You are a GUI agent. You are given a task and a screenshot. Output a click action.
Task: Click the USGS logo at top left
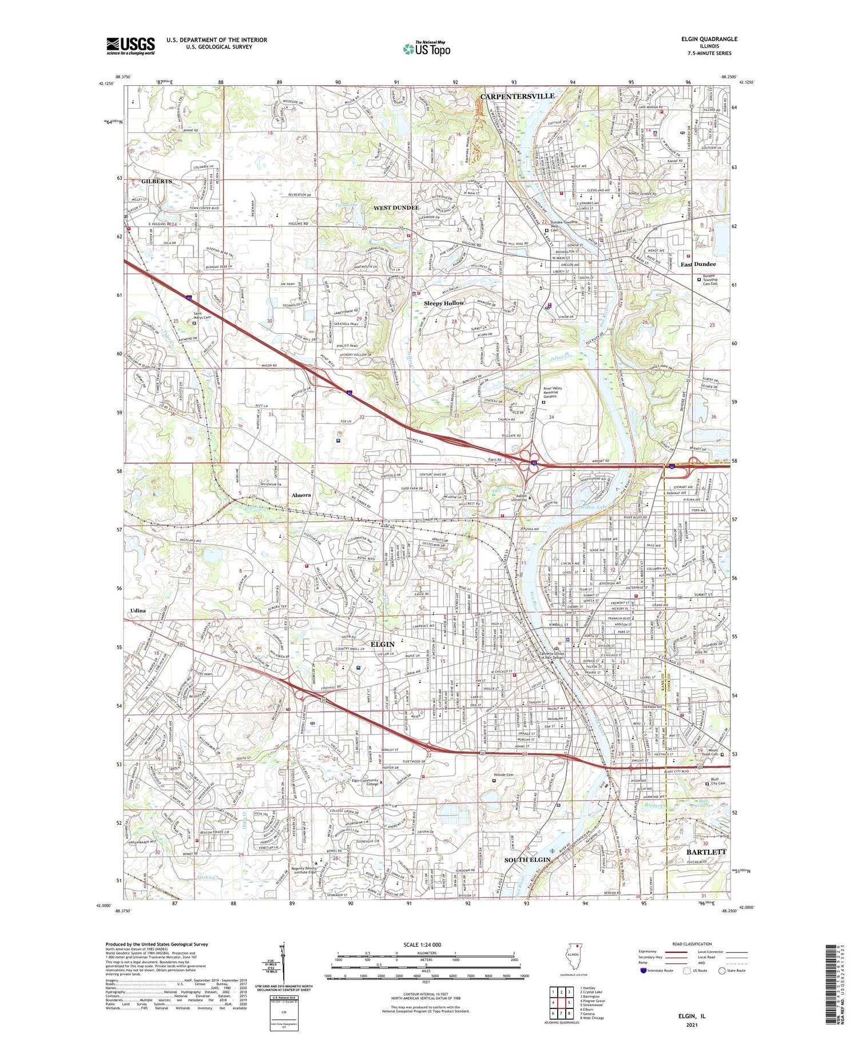pos(130,46)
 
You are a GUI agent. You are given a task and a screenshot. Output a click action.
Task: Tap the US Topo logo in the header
pos(426,49)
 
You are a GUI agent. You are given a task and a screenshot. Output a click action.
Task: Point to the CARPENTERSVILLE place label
pos(517,96)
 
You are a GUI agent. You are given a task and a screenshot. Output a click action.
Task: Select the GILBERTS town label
pos(156,181)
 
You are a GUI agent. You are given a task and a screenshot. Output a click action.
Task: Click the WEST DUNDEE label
pos(396,208)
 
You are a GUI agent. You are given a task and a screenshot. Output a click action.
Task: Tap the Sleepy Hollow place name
pos(444,303)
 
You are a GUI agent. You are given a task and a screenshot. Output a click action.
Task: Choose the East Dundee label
pos(698,264)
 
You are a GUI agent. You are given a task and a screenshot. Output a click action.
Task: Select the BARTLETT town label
pos(706,852)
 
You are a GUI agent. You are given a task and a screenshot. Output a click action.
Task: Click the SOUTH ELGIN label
pos(527,860)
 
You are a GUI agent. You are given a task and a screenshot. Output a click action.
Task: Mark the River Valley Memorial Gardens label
pos(553,392)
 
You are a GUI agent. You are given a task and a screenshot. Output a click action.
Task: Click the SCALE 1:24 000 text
pos(422,944)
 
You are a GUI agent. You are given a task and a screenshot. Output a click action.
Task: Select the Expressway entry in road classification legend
pos(650,952)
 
